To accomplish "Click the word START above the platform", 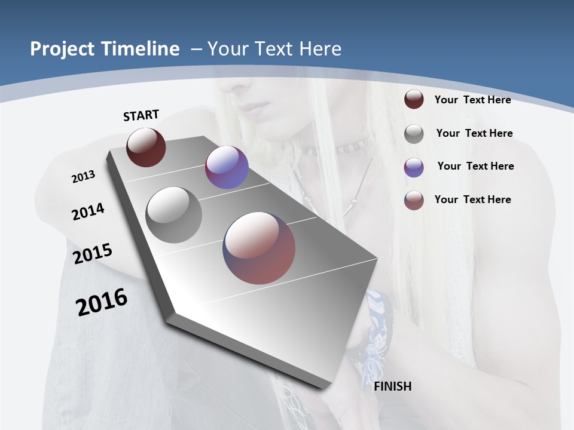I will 141,115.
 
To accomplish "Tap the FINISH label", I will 392,386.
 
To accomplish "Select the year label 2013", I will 83,177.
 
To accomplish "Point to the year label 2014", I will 88,211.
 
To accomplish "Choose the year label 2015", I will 92,254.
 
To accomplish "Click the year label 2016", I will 101,302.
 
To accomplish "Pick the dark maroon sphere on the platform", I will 146,148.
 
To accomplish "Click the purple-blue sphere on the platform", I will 227,167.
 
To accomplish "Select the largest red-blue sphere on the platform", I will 259,248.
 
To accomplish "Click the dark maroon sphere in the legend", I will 414,100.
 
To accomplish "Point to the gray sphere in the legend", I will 414,134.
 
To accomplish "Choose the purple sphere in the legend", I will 414,167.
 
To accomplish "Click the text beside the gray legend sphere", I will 474,133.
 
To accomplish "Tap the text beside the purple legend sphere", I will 475,166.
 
